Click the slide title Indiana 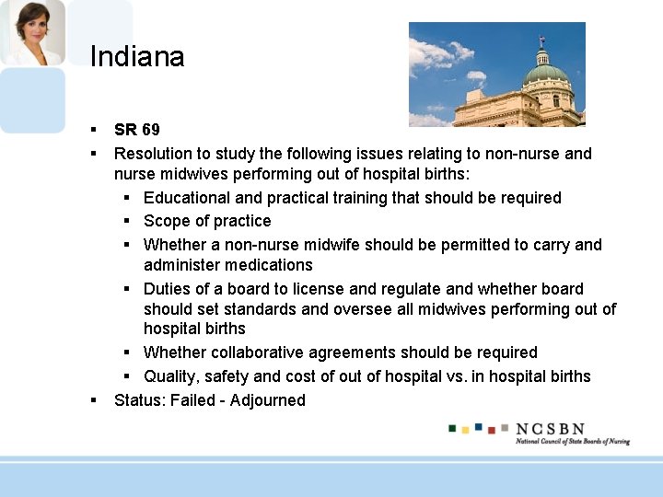pyautogui.click(x=137, y=57)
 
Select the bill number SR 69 pyautogui.click(x=136, y=130)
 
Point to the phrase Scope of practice pyautogui.click(x=207, y=221)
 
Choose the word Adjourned pyautogui.click(x=268, y=400)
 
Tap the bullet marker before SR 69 pyautogui.click(x=94, y=130)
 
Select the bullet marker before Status pyautogui.click(x=94, y=400)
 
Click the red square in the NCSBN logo pyautogui.click(x=492, y=430)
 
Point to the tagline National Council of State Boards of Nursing pyautogui.click(x=572, y=442)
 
